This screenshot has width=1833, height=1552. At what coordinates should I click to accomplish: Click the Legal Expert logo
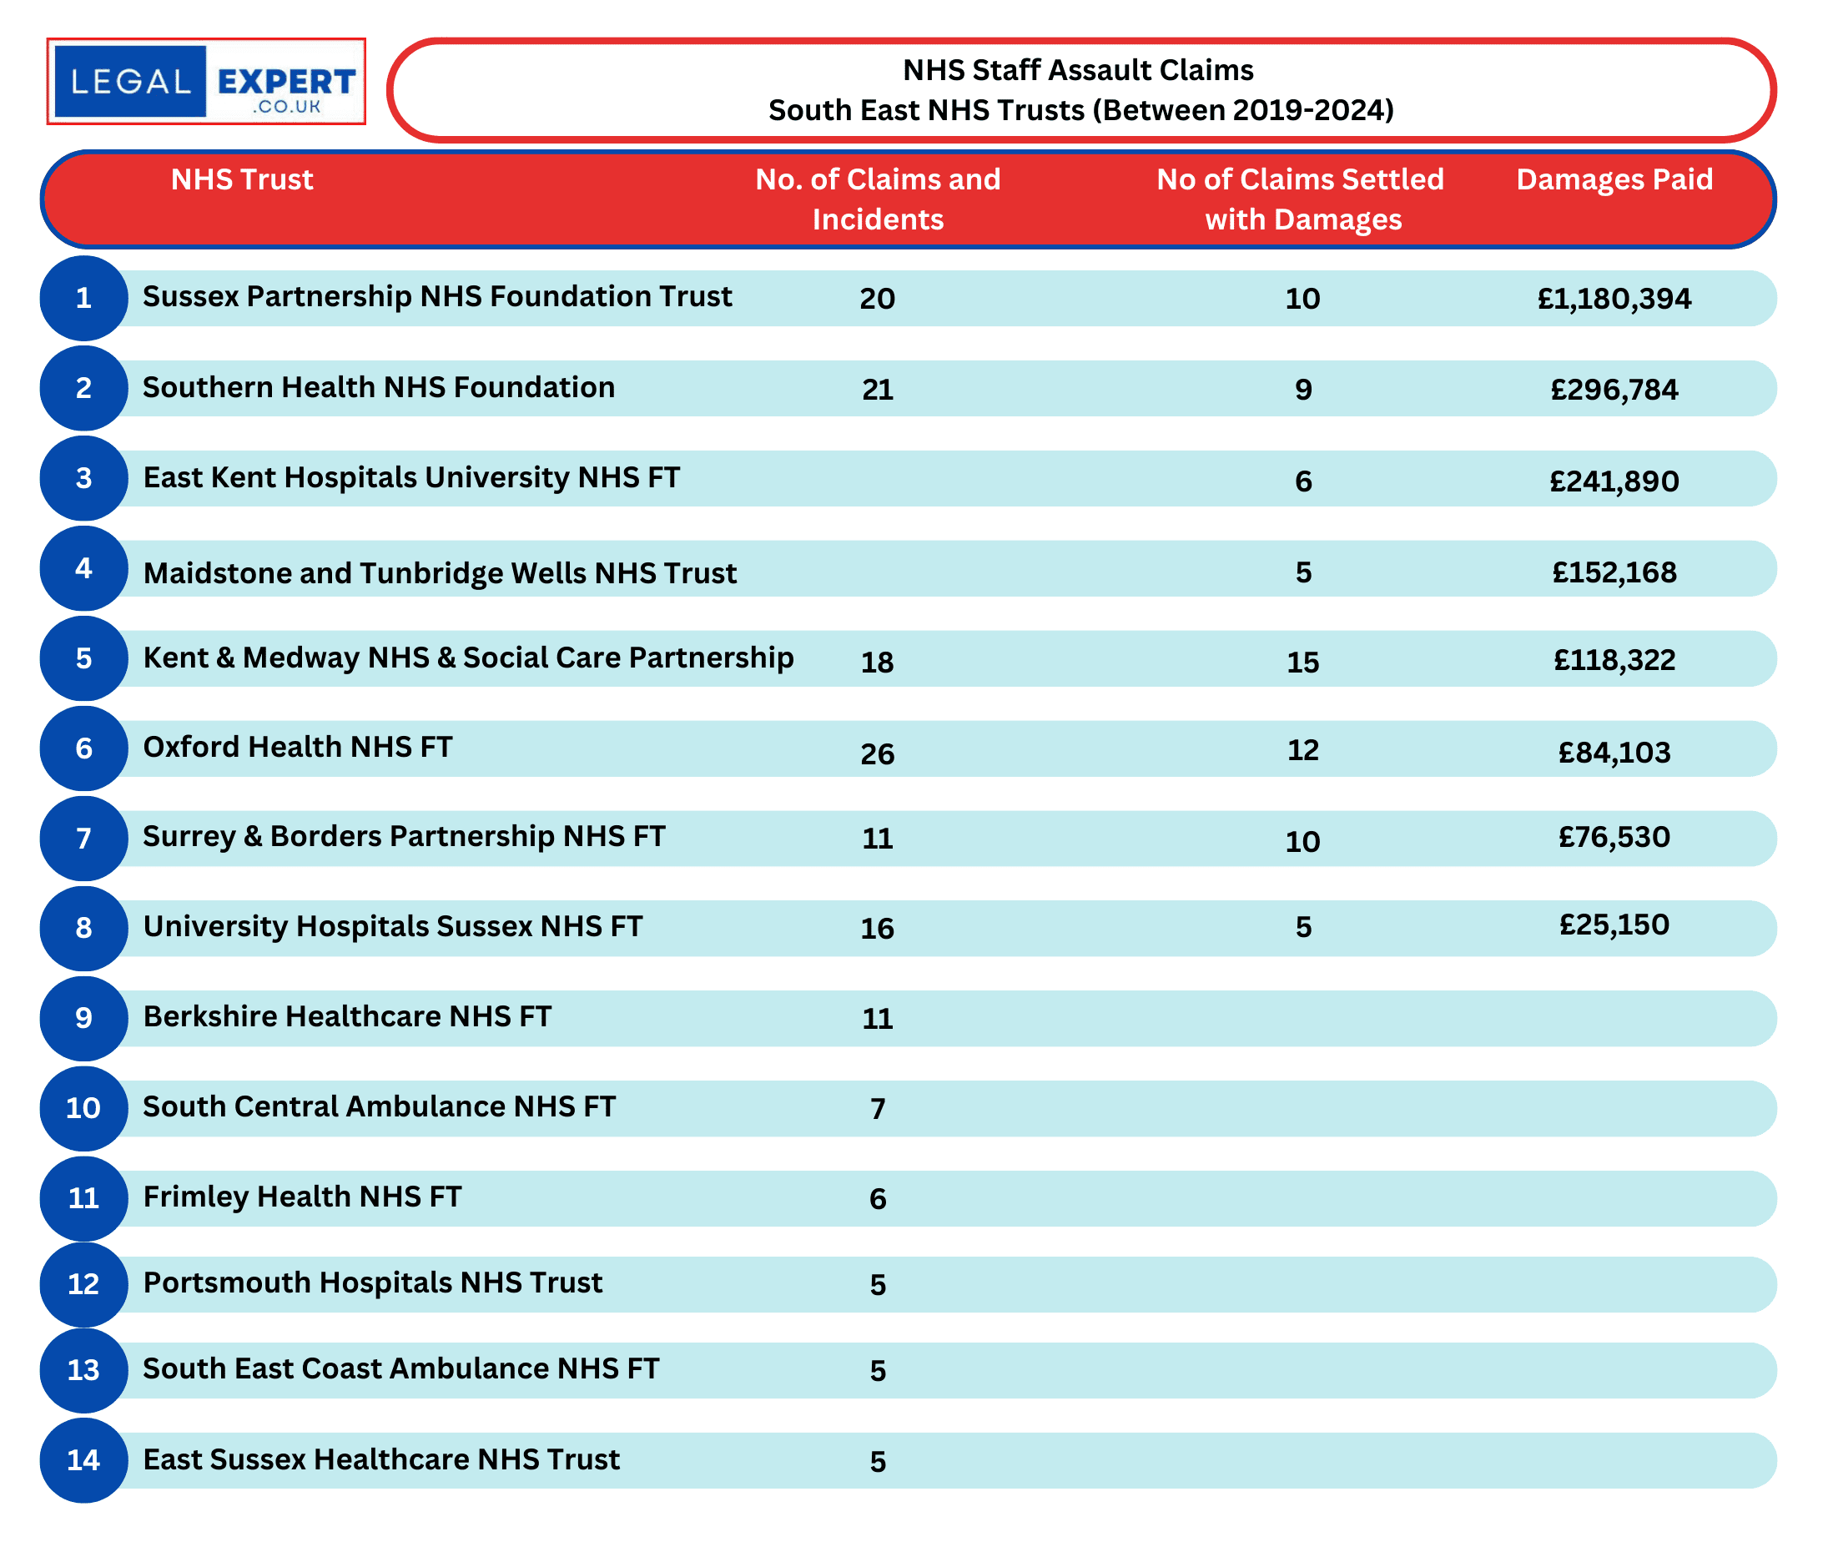[x=206, y=81]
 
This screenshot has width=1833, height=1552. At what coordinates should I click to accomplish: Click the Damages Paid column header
[x=1613, y=179]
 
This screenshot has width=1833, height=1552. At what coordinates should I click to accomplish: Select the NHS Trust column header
[x=242, y=179]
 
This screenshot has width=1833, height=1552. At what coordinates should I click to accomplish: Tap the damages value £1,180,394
[x=1613, y=298]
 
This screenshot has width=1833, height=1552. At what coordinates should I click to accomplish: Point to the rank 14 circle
[x=83, y=1459]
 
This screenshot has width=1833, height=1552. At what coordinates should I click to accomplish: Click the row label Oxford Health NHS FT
[x=297, y=747]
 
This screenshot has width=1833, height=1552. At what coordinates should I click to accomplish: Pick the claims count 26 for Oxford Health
[x=877, y=753]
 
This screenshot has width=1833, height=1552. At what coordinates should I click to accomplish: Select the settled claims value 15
[x=1302, y=662]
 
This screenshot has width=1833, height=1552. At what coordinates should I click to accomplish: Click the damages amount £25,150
[x=1613, y=925]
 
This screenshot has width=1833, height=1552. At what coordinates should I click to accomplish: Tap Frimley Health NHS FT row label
[x=302, y=1197]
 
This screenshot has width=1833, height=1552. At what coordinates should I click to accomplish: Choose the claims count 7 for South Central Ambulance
[x=877, y=1109]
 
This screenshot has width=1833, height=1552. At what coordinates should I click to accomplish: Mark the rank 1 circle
[x=83, y=298]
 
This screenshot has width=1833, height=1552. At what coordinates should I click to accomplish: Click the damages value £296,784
[x=1613, y=389]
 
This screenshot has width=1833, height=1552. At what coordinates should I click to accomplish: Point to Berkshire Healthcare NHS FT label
[x=346, y=1016]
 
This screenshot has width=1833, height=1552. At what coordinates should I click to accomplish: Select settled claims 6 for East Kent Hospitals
[x=1302, y=481]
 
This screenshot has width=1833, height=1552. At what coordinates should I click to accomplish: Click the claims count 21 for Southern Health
[x=877, y=389]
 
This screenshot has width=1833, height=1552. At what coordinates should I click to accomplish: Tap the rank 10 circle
[x=83, y=1108]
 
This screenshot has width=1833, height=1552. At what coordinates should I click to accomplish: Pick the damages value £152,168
[x=1613, y=572]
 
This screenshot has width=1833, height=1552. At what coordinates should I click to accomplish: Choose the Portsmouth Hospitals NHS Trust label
[x=372, y=1282]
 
